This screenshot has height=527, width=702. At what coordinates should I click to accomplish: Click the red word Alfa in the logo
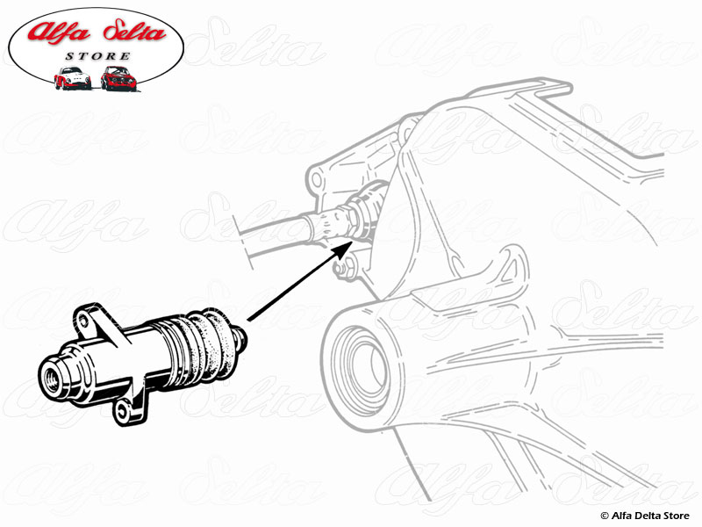click(x=58, y=32)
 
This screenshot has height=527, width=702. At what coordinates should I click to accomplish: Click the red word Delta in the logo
click(x=135, y=32)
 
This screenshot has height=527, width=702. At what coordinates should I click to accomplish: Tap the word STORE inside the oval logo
click(x=98, y=56)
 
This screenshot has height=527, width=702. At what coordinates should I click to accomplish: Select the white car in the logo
click(x=72, y=78)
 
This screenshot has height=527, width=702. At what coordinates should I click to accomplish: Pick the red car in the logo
click(x=118, y=78)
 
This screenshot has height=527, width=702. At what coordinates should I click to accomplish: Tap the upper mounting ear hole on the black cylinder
click(x=83, y=320)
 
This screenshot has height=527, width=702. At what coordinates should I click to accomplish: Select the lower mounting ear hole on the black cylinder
click(x=122, y=409)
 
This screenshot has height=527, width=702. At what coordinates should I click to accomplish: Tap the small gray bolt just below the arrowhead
click(x=344, y=269)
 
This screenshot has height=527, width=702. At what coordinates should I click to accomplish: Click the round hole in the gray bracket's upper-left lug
click(x=317, y=180)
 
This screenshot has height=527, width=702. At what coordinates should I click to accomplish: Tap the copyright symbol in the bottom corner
click(x=605, y=516)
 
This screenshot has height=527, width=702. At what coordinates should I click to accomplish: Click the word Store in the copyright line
click(x=677, y=516)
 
